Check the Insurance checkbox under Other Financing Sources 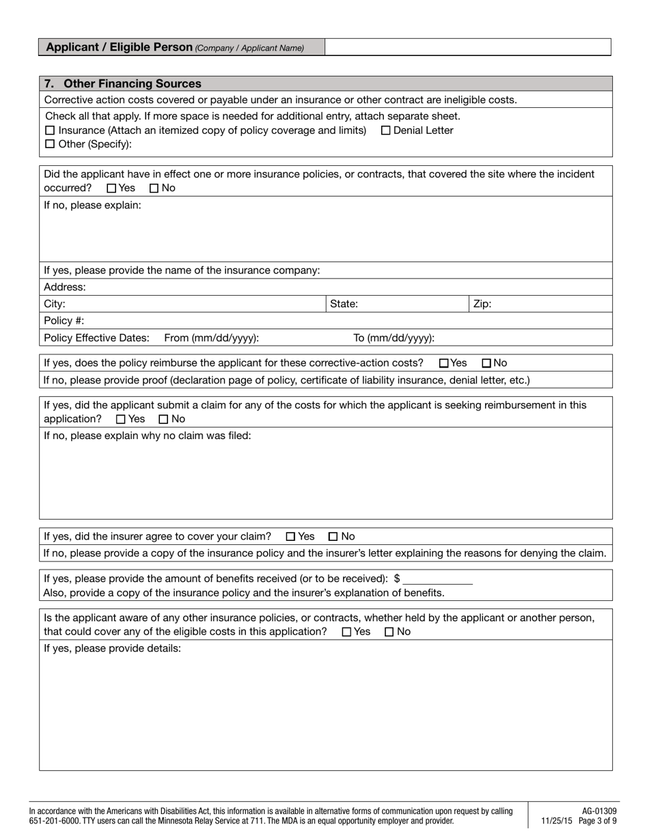click(49, 130)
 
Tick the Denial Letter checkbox click(385, 130)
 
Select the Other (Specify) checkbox click(49, 144)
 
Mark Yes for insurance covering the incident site click(111, 188)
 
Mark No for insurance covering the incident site click(154, 188)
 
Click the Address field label click(65, 288)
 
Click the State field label click(344, 305)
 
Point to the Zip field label click(482, 305)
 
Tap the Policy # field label click(64, 321)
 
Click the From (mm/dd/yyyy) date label click(211, 338)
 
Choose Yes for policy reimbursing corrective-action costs click(443, 363)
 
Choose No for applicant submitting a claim click(163, 419)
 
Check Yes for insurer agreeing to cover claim click(290, 537)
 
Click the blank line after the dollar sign click(438, 579)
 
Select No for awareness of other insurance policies click(389, 632)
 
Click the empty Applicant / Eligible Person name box click(467, 47)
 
